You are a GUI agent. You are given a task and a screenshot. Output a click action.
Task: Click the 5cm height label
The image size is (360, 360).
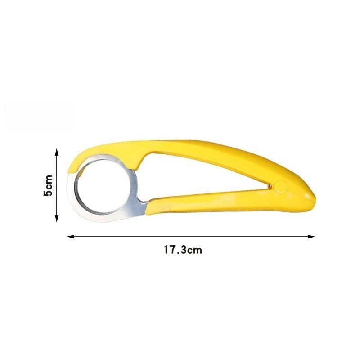48,185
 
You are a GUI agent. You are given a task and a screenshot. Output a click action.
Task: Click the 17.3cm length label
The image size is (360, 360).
183,250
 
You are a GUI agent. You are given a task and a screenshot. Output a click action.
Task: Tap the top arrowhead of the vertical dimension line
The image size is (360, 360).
57,152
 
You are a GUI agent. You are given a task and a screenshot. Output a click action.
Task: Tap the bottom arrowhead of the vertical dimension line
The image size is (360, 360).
57,219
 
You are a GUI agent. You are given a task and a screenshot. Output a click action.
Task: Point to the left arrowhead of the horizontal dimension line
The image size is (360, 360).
70,237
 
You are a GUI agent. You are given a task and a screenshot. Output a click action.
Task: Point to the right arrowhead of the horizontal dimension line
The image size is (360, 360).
311,237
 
